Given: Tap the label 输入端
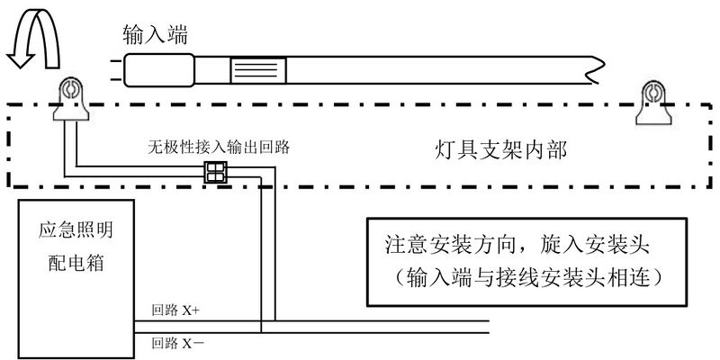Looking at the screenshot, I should (x=156, y=34).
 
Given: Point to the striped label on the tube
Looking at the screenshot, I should (x=258, y=68).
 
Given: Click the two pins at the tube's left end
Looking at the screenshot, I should (x=115, y=67).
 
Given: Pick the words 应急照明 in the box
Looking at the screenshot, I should (x=69, y=230).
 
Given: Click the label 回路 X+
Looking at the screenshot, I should (x=176, y=309).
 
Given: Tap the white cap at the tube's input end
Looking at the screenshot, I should (x=158, y=68).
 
